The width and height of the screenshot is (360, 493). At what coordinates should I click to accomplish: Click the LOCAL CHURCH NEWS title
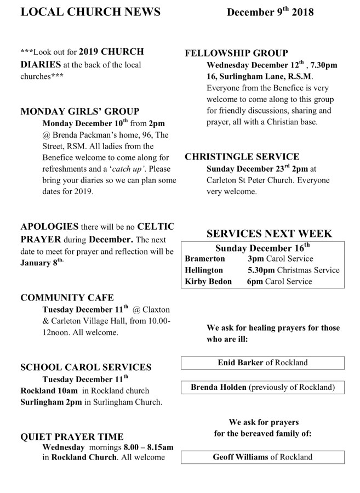pyautogui.click(x=91, y=12)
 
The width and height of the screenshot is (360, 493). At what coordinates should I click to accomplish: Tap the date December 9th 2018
pyautogui.click(x=270, y=12)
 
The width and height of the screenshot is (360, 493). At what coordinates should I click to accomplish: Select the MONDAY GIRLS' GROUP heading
pyautogui.click(x=79, y=111)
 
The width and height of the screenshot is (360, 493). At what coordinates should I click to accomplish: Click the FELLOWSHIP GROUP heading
pyautogui.click(x=237, y=53)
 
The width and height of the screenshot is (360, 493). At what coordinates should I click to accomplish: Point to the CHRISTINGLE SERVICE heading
pyautogui.click(x=242, y=157)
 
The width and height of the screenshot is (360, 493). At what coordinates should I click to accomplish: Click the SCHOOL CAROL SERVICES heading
pyautogui.click(x=85, y=367)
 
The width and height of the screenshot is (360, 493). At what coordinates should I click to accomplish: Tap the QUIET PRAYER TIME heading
pyautogui.click(x=72, y=437)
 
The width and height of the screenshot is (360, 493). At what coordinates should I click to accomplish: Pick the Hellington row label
pyautogui.click(x=204, y=270)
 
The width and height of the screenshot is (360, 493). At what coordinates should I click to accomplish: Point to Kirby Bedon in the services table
pyautogui.click(x=208, y=281)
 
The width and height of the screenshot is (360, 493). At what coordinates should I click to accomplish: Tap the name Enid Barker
pyautogui.click(x=240, y=362)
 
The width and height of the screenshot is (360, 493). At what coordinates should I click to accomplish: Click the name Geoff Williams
pyautogui.click(x=240, y=457)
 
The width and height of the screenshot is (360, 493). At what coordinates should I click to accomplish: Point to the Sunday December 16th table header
pyautogui.click(x=262, y=247)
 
